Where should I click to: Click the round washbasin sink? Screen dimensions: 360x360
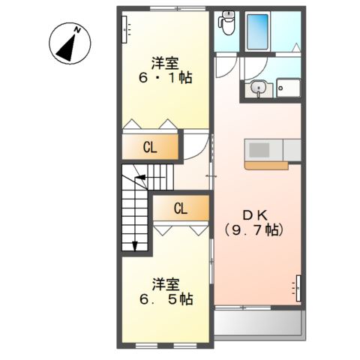[259, 88]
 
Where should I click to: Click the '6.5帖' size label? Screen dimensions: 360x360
[167, 299]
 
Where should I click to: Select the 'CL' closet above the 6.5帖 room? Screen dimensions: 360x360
[181, 208]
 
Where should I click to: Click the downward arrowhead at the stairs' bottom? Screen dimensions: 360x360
[135, 244]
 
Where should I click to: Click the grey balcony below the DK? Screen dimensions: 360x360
[259, 324]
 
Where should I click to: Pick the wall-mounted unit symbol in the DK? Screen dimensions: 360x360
[298, 286]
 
